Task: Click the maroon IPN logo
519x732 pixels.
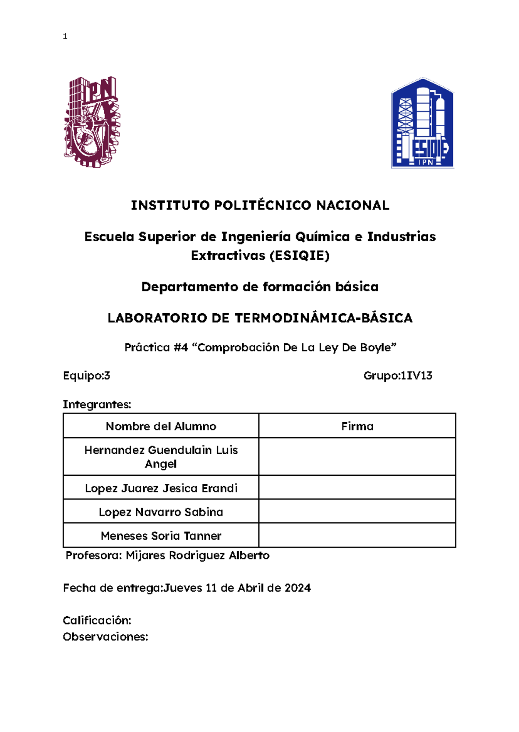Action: tap(92, 122)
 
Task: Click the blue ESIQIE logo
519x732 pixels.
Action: tap(422, 123)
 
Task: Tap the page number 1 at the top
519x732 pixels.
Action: tap(65, 37)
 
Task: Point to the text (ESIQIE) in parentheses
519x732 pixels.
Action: tap(299, 256)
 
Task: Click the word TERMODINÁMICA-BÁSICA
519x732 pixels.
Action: tap(324, 318)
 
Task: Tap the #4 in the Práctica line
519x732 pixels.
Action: tap(181, 348)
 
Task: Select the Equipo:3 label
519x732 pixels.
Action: tap(86, 376)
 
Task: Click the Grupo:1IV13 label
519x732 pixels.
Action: tap(398, 376)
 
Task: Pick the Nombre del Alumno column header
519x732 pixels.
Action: tap(161, 426)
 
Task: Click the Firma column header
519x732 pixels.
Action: tap(357, 426)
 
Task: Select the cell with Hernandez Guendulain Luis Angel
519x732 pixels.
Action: tap(161, 457)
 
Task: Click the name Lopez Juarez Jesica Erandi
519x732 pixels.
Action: tap(161, 488)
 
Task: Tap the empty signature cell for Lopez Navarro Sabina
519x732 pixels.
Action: tap(357, 512)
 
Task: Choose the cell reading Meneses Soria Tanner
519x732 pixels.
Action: tap(161, 536)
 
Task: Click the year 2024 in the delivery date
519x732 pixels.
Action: tap(298, 588)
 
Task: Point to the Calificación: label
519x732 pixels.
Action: tap(97, 621)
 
